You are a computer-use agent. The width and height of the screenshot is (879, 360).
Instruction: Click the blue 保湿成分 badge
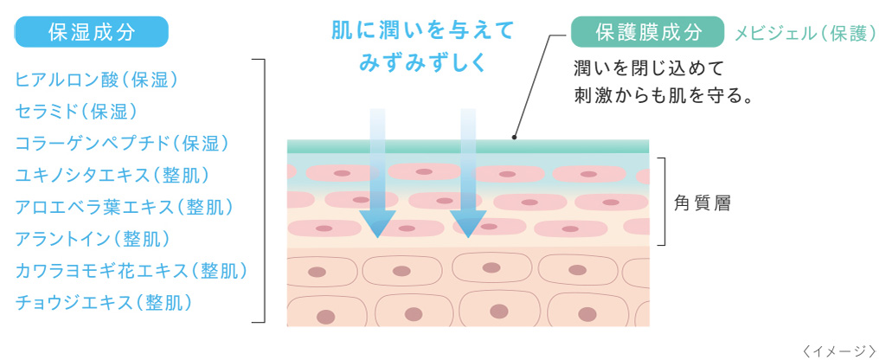coord(92,33)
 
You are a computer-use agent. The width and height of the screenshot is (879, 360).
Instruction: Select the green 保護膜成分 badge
coord(647,33)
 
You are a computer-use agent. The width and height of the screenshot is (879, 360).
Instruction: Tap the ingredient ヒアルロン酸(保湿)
coord(97,80)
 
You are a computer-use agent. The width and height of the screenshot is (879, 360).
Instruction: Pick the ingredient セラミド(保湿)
coord(77,111)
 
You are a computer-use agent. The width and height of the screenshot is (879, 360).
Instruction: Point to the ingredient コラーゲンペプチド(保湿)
coord(122,143)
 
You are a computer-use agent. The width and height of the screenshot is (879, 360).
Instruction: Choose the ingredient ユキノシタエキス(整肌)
coord(112,175)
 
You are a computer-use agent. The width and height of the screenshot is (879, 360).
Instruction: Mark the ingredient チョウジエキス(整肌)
coord(104,302)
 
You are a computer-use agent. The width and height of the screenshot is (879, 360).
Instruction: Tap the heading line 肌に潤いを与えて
coord(423,31)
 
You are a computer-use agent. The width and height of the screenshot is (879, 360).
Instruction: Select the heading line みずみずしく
coord(423,62)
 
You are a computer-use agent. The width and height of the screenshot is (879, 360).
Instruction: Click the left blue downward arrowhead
coord(377,224)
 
